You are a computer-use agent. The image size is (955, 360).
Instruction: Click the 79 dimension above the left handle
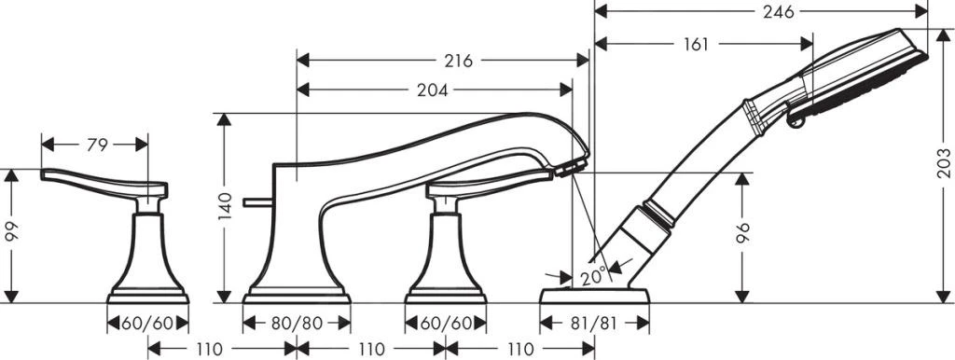point(97,145)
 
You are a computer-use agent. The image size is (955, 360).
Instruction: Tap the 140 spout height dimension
point(224,209)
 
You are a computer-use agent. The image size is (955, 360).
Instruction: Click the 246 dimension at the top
point(777,12)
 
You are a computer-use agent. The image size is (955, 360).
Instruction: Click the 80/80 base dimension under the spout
point(297,324)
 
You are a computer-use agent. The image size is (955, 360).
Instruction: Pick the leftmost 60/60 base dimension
point(148,324)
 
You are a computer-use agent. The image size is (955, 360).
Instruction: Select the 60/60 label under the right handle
point(445,324)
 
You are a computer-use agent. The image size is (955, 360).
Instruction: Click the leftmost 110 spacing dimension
point(209,350)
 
